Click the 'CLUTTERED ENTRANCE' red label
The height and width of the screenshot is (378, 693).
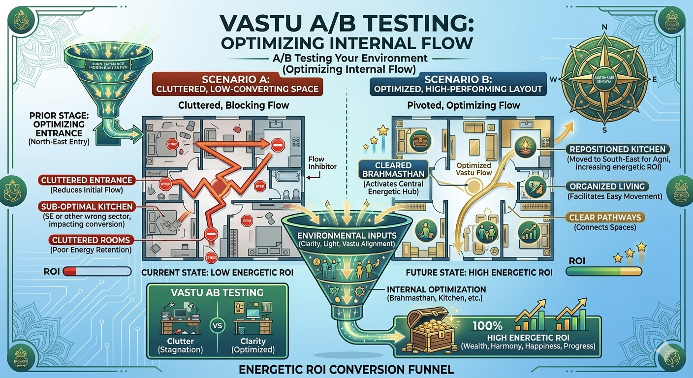86,181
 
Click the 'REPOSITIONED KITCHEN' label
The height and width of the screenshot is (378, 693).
617,149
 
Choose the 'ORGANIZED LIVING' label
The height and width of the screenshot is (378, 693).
607,187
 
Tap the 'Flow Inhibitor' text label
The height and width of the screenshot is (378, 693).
321,162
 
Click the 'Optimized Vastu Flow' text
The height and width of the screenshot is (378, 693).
474,170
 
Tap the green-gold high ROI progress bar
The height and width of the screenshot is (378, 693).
604,270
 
